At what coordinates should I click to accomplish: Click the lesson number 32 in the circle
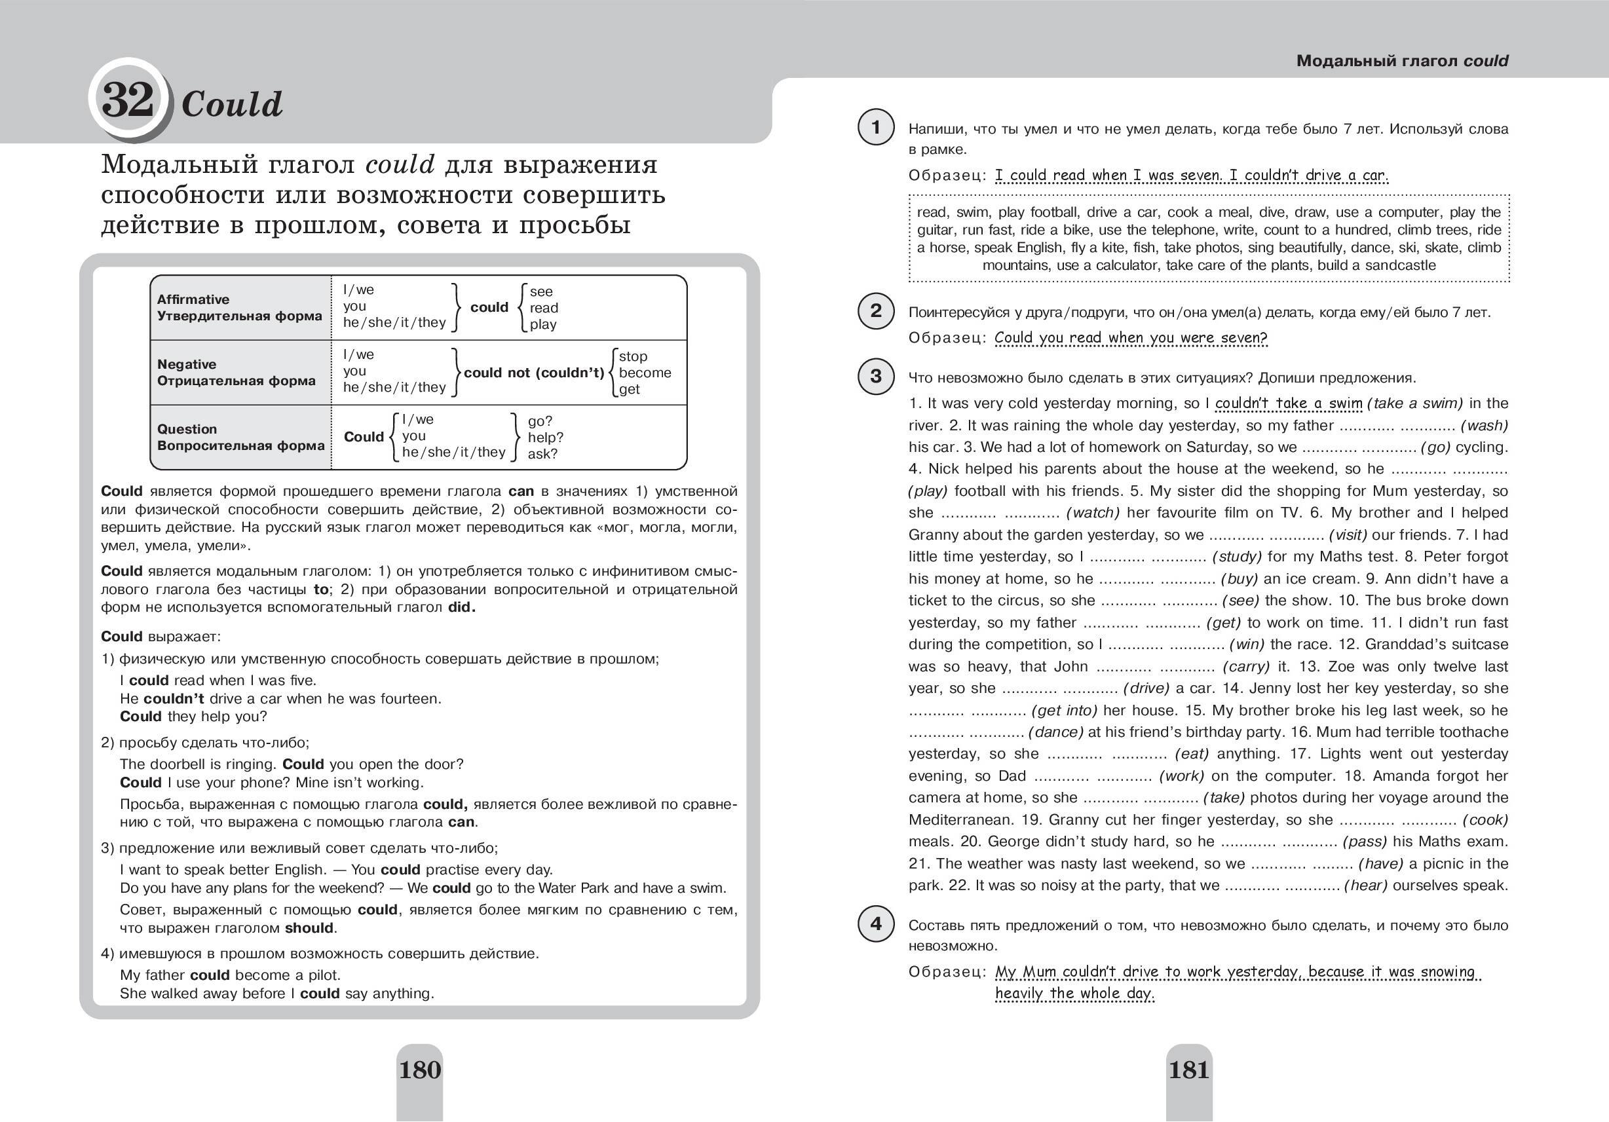pos(128,100)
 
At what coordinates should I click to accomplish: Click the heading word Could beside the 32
pos(232,105)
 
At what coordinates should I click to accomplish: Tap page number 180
pos(420,1070)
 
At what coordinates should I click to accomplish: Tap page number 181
pos(1189,1070)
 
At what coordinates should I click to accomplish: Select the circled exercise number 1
pos(876,127)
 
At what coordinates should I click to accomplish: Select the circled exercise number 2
pos(876,310)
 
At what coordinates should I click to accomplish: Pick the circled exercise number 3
pos(876,377)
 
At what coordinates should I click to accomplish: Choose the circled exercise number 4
pos(876,924)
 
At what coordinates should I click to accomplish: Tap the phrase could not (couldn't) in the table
pos(533,373)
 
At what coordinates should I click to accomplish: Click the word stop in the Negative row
pos(633,357)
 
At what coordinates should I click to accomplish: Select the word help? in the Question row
pos(545,438)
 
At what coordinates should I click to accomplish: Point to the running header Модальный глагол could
pos(1401,61)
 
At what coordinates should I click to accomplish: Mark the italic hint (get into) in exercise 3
pos(1064,711)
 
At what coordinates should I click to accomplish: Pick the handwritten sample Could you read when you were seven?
pos(1130,338)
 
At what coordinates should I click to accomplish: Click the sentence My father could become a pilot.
pos(230,975)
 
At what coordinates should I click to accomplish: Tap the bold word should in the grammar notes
pos(309,928)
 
